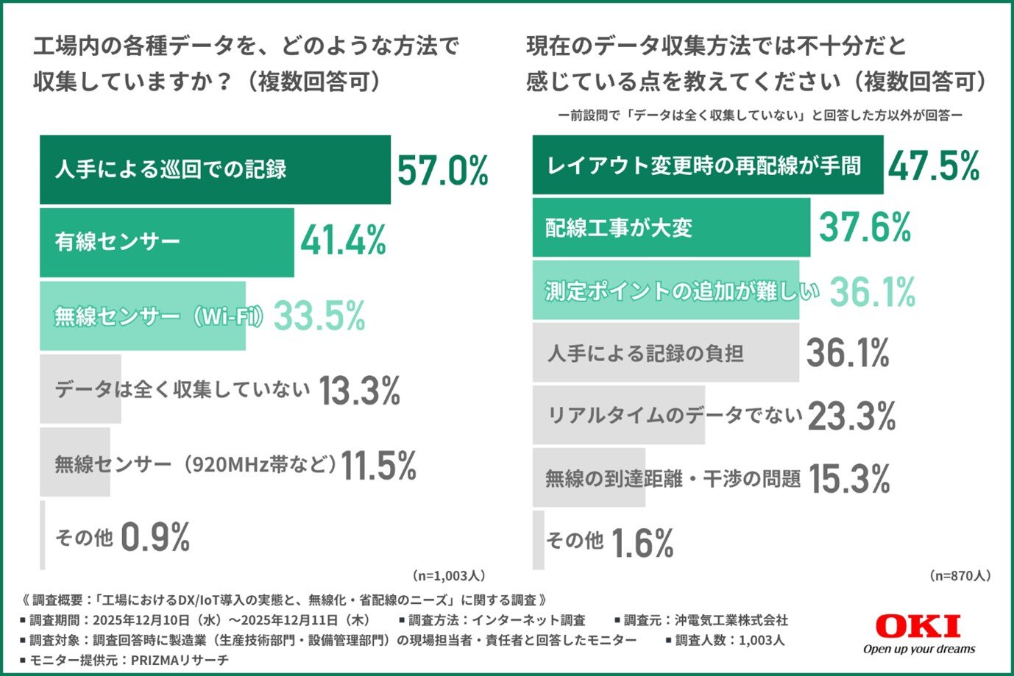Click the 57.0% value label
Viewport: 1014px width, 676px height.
click(442, 171)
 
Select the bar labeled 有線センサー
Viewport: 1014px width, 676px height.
click(166, 243)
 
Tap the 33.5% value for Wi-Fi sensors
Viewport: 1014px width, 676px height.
click(320, 316)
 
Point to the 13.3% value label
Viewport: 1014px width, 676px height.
click(359, 390)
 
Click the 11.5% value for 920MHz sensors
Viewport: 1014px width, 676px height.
click(379, 465)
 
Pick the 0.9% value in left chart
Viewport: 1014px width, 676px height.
click(155, 537)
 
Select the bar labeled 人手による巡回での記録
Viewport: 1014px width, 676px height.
click(215, 170)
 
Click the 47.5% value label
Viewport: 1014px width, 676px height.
click(933, 166)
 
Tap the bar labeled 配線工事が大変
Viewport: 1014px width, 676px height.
click(670, 227)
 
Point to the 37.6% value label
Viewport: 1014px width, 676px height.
click(865, 227)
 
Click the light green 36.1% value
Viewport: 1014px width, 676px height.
click(873, 291)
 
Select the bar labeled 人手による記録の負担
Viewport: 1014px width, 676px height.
click(665, 353)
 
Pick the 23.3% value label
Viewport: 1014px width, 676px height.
click(851, 416)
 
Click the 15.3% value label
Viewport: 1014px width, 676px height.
click(849, 479)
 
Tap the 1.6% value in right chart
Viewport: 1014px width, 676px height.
click(642, 544)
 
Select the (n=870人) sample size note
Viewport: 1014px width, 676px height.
click(960, 575)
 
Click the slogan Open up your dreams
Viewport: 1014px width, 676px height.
click(918, 649)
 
